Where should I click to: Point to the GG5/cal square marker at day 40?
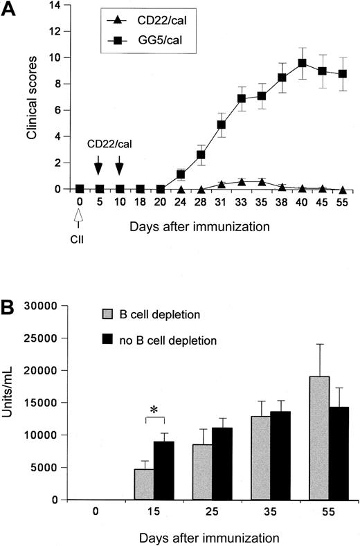click(303, 63)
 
